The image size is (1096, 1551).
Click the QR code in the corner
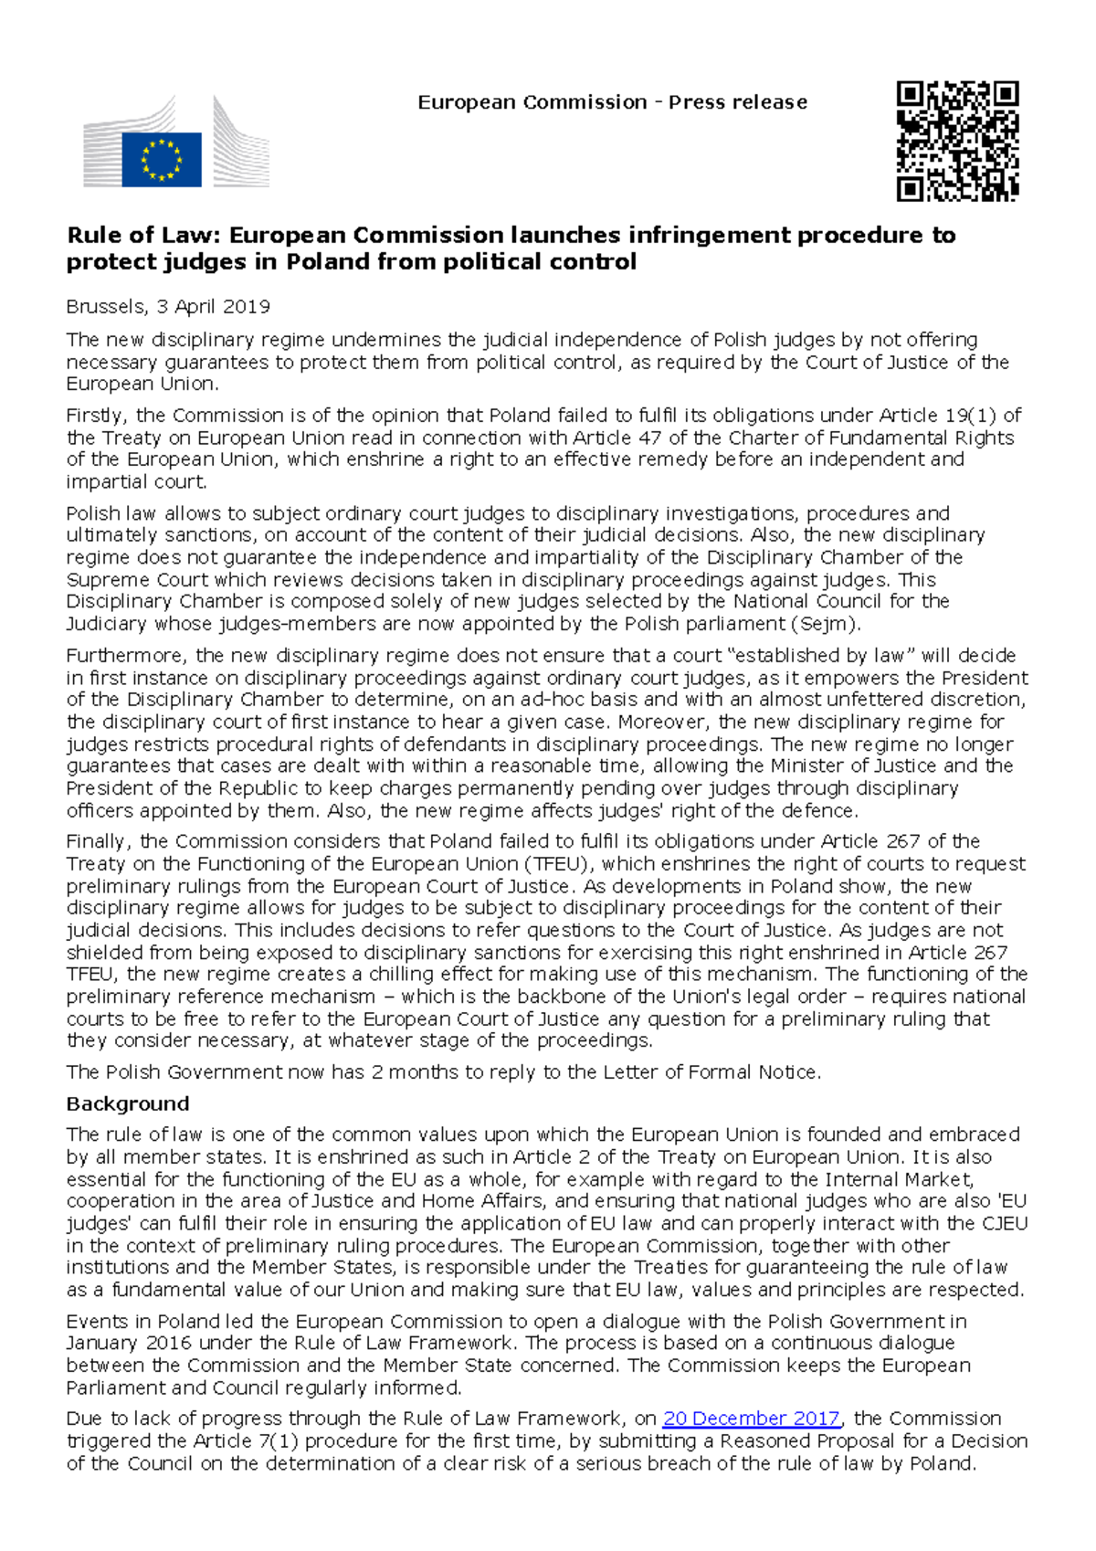957,141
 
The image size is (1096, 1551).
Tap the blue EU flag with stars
162,160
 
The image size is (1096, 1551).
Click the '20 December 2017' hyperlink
751,1419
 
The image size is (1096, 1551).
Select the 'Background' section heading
128,1103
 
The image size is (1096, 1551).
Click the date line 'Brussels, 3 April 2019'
168,307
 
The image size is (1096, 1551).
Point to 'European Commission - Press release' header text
612,102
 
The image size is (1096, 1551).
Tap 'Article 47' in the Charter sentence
617,438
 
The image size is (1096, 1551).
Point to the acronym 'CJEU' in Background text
1003,1223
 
